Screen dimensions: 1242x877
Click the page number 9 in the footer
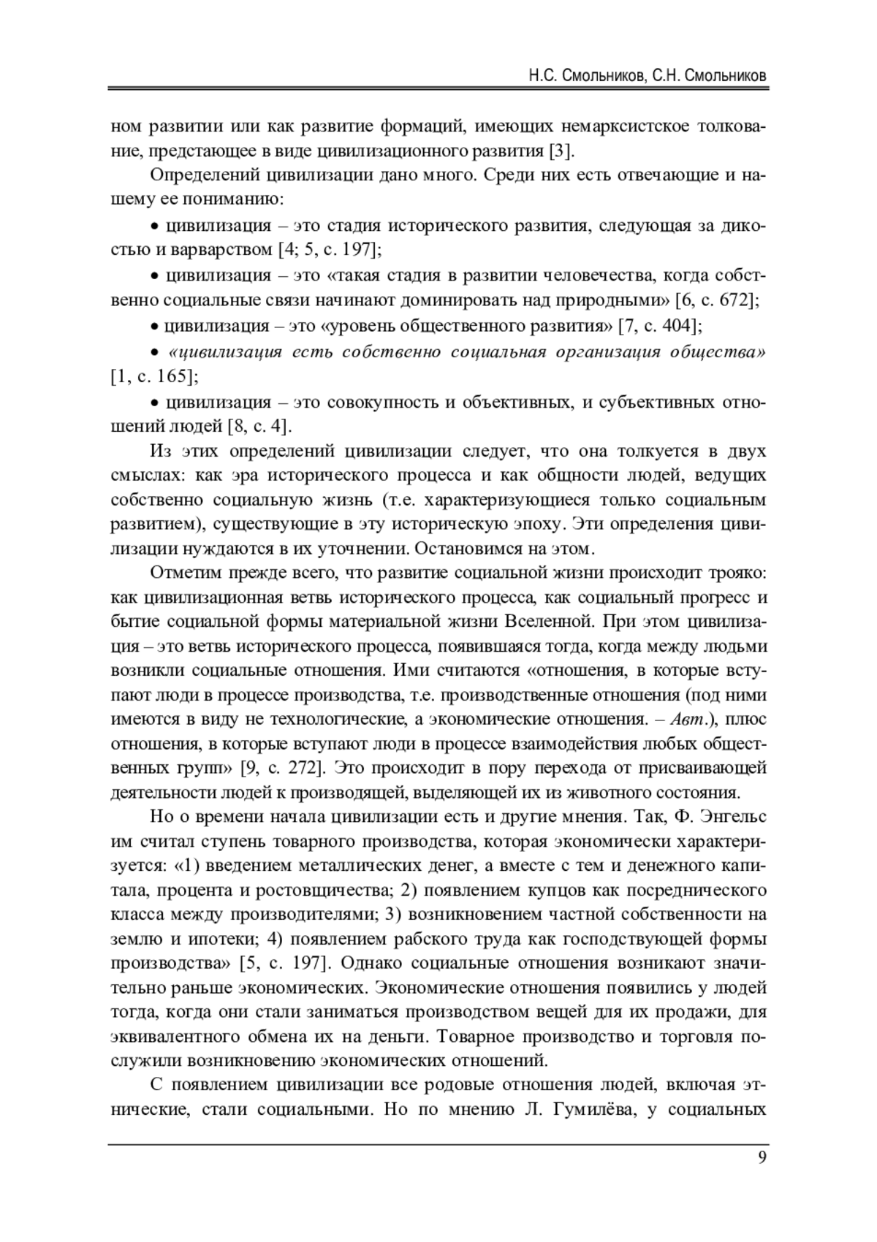(762, 1159)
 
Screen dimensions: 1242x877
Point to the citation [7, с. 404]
(661, 325)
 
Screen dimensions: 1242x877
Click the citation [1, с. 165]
(153, 377)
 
